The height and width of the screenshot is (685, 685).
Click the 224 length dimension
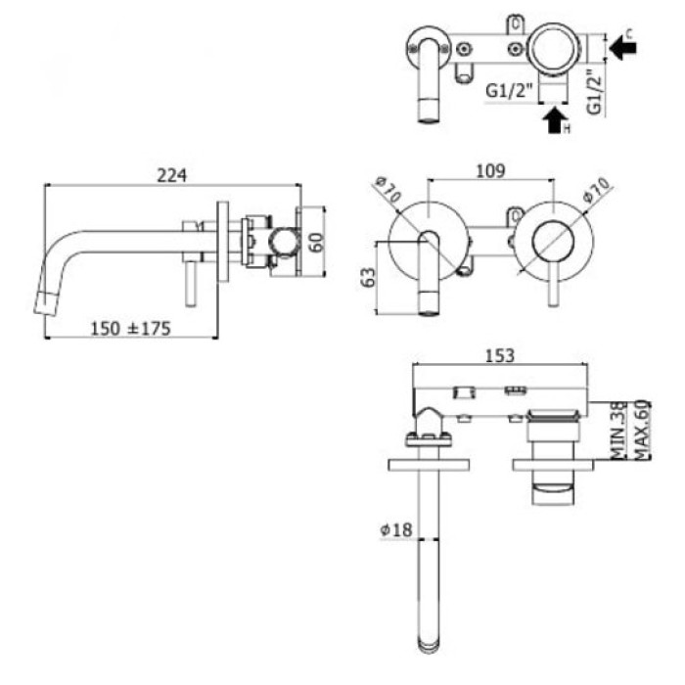point(172,174)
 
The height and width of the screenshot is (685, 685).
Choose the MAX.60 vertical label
point(642,431)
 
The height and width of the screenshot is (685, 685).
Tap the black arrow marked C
point(622,45)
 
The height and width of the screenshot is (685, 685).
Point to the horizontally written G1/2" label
point(510,91)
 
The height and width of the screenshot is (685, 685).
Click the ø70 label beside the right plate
point(596,190)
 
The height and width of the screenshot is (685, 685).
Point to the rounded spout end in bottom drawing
point(431,644)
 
